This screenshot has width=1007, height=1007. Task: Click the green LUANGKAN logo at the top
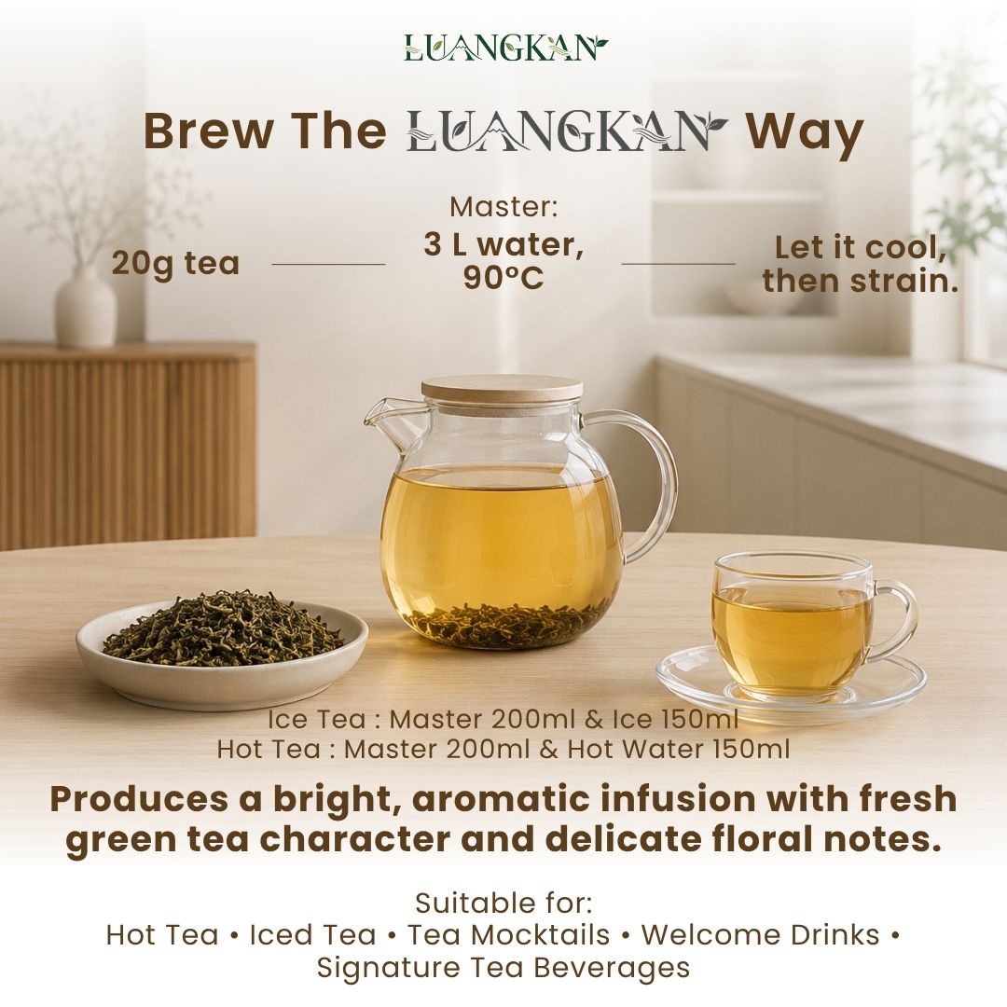tap(505, 47)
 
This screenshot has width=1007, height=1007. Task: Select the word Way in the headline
tap(804, 133)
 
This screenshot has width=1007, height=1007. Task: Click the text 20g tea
tap(175, 263)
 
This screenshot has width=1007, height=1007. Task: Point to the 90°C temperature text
tap(504, 278)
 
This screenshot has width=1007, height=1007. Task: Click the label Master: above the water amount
tap(504, 207)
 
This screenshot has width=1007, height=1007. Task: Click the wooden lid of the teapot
tap(503, 391)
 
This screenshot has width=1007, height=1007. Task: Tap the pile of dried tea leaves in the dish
tap(222, 627)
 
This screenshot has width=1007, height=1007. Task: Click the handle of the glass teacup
tap(896, 620)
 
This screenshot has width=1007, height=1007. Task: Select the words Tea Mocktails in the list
tap(509, 935)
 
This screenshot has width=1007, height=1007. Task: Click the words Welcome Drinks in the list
tap(761, 935)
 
